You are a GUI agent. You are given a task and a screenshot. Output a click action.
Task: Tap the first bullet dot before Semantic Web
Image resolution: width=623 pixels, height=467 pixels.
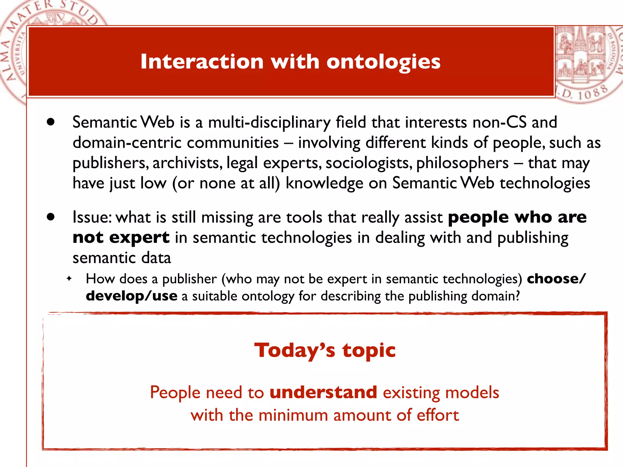(51, 122)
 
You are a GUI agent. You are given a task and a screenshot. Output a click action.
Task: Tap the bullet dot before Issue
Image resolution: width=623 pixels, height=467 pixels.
(51, 217)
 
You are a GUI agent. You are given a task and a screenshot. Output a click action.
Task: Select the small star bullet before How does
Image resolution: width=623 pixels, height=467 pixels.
(69, 278)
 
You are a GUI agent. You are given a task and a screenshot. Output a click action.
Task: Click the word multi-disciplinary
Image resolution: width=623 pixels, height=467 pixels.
(269, 123)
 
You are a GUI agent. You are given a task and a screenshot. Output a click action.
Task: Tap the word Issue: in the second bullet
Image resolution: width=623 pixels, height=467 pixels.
(92, 217)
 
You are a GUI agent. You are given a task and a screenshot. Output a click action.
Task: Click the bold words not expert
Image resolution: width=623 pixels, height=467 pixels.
(121, 237)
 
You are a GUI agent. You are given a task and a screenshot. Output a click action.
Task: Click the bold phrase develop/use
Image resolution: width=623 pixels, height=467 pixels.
(131, 296)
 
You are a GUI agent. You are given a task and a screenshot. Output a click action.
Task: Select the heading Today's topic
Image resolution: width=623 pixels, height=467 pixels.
(325, 350)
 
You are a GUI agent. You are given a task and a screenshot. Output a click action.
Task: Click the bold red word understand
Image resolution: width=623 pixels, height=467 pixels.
(323, 392)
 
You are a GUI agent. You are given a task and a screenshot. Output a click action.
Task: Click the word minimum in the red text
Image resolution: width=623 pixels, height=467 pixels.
(293, 415)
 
